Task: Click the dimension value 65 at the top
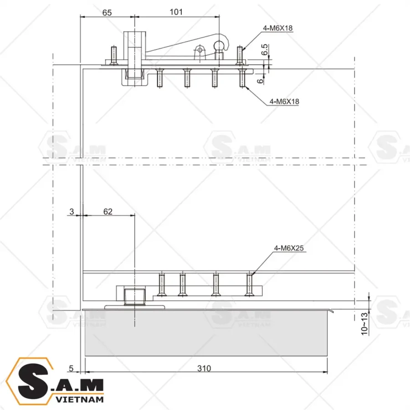point(107,12)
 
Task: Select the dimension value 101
point(176,12)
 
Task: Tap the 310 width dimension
point(205,368)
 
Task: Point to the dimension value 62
point(108,211)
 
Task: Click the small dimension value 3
point(72,211)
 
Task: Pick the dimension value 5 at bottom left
point(72,368)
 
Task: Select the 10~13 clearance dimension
point(364,324)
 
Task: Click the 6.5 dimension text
point(265,50)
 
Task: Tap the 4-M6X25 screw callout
point(288,248)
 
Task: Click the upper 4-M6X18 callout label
point(277,28)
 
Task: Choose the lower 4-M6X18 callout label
point(284,102)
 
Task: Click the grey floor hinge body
point(205,333)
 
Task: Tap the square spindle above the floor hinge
point(134,297)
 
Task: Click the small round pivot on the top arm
point(199,50)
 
